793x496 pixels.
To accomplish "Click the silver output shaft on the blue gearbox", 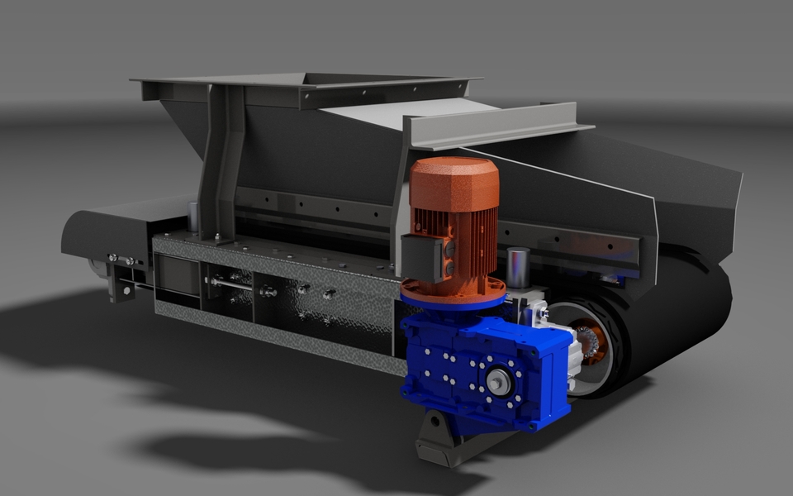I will click(497, 381).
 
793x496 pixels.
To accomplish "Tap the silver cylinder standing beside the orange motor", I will click(518, 267).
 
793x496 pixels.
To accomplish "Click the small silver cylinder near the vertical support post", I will click(192, 217).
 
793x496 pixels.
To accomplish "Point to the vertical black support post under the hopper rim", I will click(219, 165).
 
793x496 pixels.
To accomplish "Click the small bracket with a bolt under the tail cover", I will click(121, 286).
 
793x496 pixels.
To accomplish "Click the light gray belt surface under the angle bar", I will click(396, 111).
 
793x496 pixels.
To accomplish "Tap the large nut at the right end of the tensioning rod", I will click(268, 291).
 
